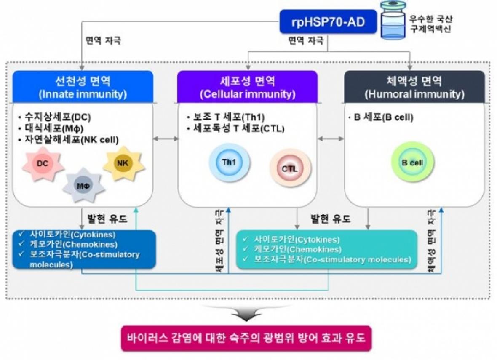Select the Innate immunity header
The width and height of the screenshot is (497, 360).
83,87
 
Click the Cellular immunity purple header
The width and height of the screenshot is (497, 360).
247,87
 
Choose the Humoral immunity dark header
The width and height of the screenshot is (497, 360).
414,87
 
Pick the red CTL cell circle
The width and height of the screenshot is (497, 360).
290,169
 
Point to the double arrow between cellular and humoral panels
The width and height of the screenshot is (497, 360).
331,138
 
